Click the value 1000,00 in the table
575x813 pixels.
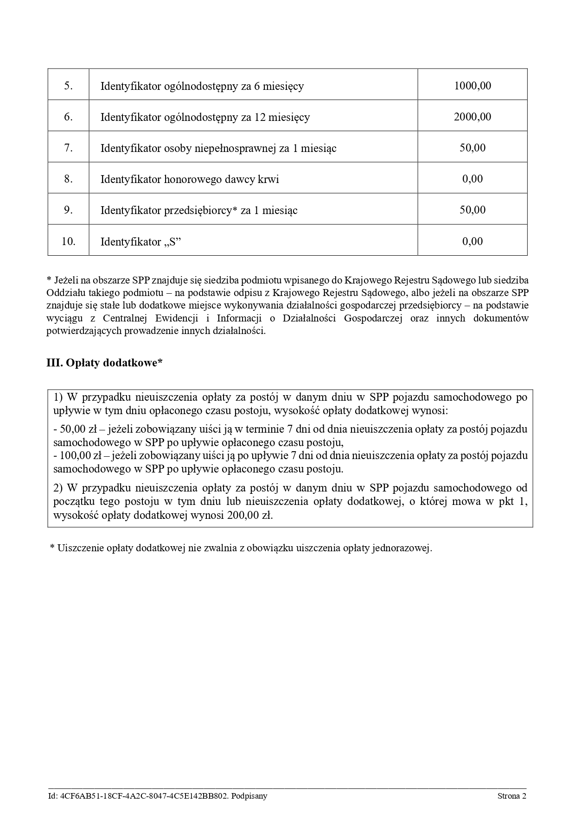pos(472,86)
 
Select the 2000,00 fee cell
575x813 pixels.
pos(472,117)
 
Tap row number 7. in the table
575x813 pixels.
pos(69,148)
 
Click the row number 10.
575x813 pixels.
pos(69,241)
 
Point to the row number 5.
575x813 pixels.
pos(69,86)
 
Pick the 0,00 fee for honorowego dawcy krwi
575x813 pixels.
pos(472,179)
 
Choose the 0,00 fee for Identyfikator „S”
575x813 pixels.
pos(472,241)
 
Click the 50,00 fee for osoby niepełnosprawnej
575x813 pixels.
pos(472,148)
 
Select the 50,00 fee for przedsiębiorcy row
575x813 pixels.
pos(472,210)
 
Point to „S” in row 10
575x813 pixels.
pos(172,241)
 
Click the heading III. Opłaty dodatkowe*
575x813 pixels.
pos(104,363)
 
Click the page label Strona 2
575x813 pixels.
pos(512,796)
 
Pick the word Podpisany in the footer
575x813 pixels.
pos(249,796)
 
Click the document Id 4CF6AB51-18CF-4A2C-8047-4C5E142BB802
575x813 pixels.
pos(144,796)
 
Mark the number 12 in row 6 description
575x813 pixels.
pos(260,117)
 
